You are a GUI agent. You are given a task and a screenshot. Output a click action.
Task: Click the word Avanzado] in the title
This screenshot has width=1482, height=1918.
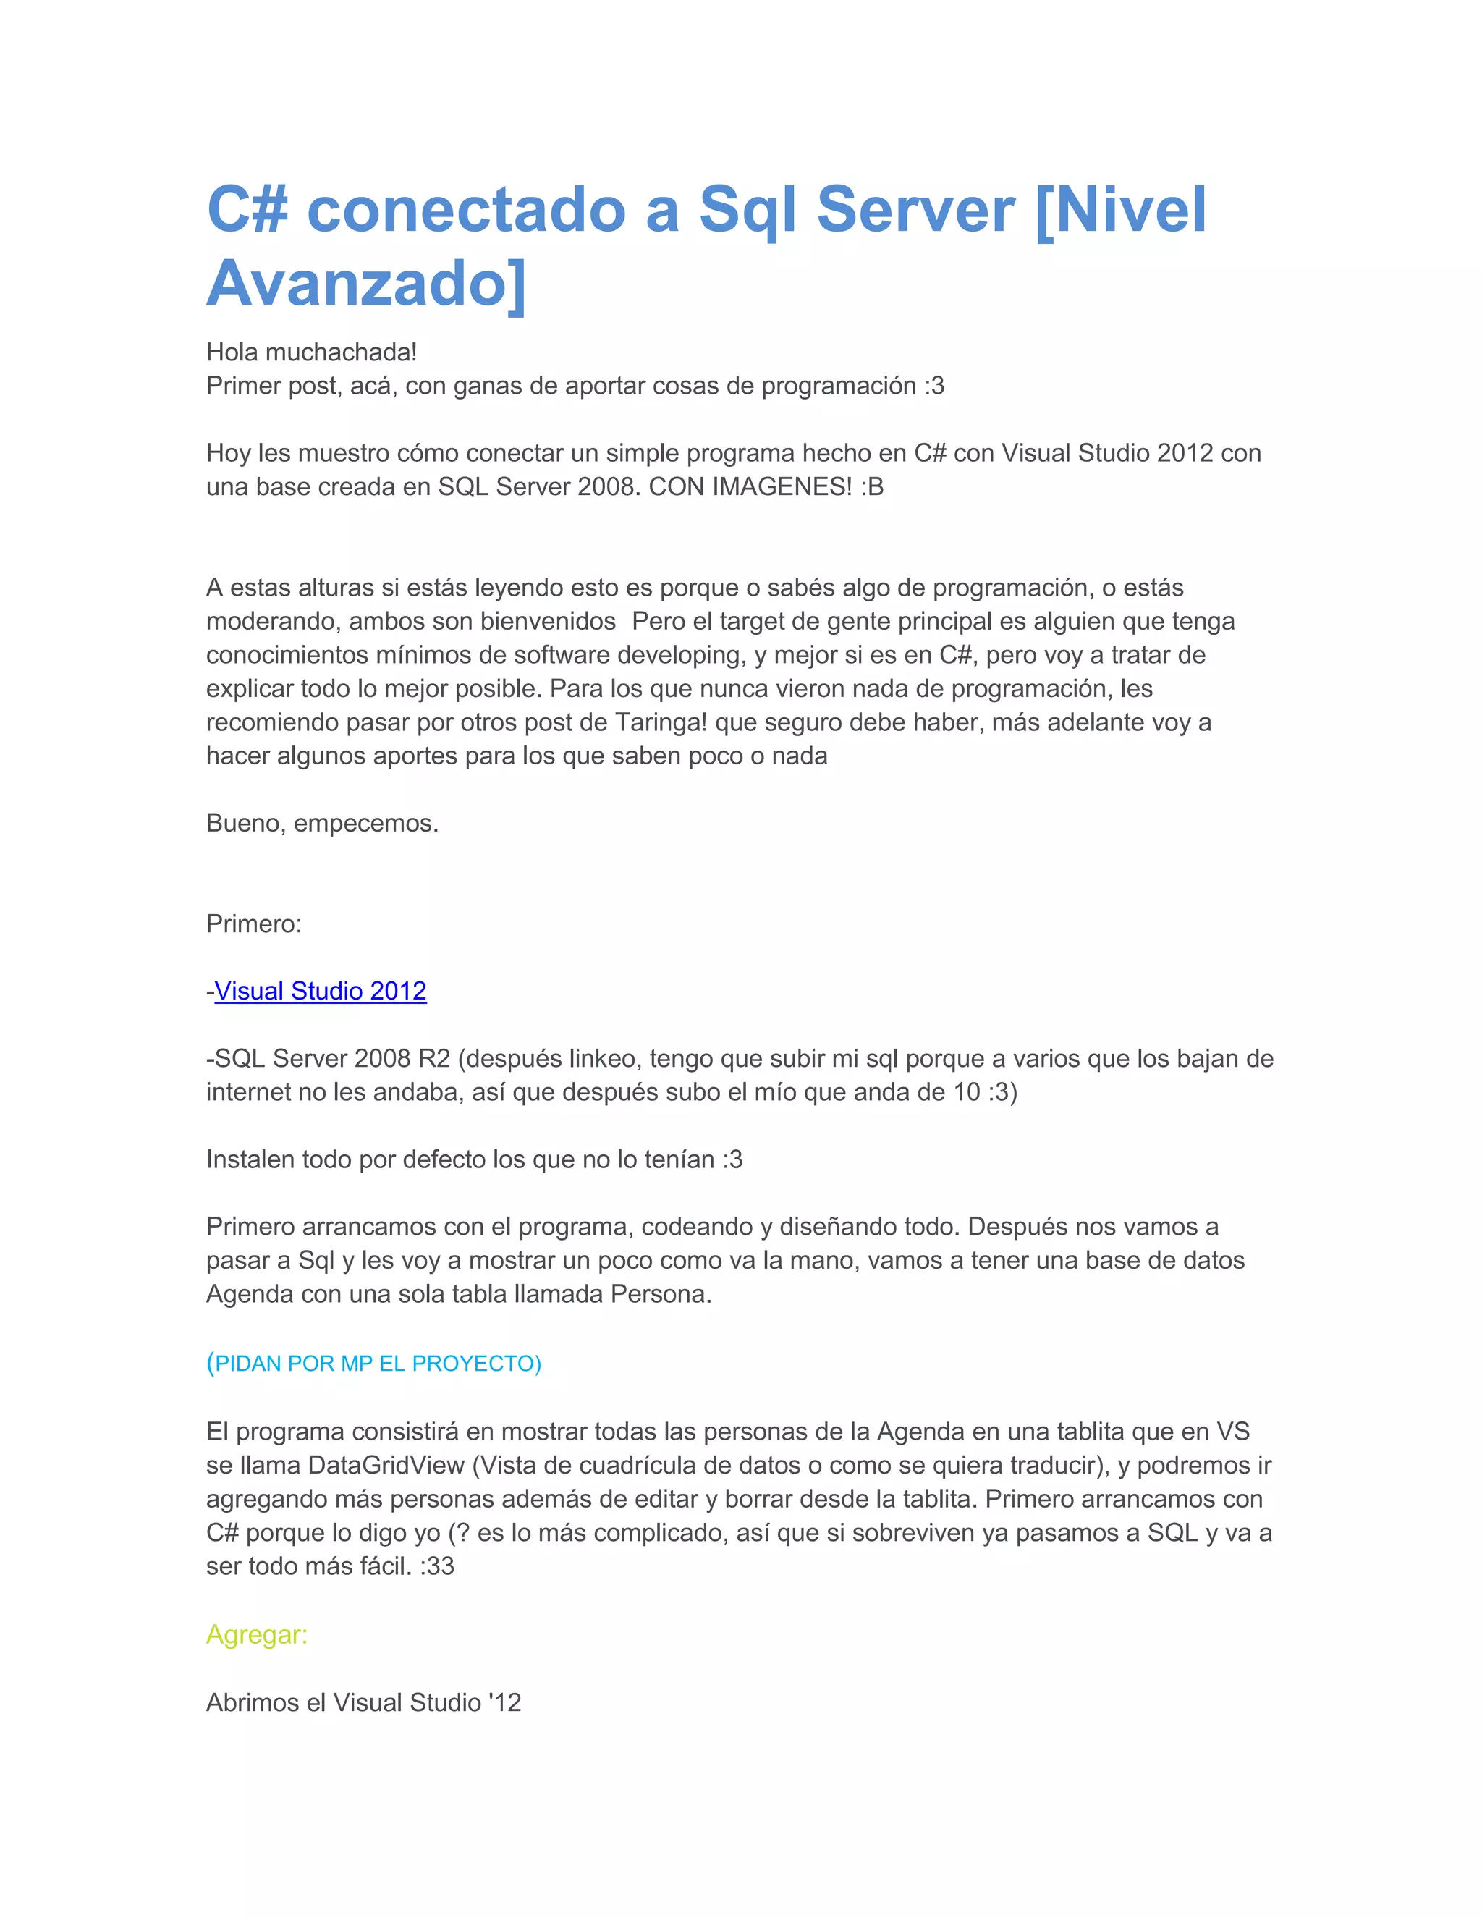tap(366, 283)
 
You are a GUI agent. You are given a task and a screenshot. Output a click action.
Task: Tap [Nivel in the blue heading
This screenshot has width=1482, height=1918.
tap(1121, 209)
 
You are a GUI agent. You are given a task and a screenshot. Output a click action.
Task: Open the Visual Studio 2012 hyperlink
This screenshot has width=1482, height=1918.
tap(321, 991)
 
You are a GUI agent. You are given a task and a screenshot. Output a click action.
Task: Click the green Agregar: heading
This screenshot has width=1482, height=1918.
tap(256, 1634)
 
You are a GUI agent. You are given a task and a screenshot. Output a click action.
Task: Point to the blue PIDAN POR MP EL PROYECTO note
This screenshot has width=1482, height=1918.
tap(374, 1363)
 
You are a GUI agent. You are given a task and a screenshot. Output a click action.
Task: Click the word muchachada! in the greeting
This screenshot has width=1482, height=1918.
tap(341, 352)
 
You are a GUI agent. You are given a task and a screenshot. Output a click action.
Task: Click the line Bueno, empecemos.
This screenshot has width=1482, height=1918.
tap(322, 823)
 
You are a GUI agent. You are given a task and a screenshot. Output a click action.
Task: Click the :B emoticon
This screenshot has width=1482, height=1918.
tap(872, 486)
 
